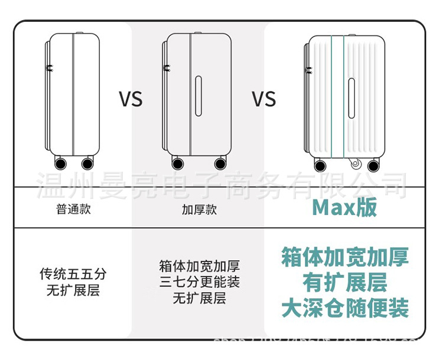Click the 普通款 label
click(74, 209)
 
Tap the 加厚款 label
click(199, 209)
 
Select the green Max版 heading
click(344, 208)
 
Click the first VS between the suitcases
click(131, 99)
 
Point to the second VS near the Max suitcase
click(264, 99)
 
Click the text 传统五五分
click(73, 274)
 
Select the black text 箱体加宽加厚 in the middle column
click(199, 266)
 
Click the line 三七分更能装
click(199, 282)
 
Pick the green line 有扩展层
click(344, 283)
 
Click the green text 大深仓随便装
click(344, 308)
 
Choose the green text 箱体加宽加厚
click(344, 257)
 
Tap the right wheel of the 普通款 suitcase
click(87, 163)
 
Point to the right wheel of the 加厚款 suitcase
click(220, 163)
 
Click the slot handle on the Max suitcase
click(351, 97)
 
